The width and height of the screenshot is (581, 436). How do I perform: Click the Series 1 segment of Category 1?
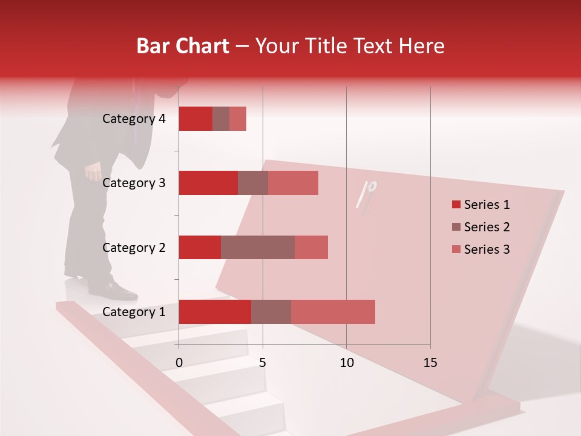click(x=214, y=312)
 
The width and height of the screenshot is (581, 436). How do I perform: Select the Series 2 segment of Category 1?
click(x=271, y=312)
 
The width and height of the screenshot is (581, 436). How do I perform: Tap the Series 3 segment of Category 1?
click(x=333, y=312)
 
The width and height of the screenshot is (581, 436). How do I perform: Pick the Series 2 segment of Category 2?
click(x=257, y=247)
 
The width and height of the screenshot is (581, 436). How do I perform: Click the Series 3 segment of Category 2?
click(x=311, y=247)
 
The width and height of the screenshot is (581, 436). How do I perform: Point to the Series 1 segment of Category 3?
click(x=208, y=183)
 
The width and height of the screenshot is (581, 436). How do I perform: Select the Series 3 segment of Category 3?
click(x=293, y=183)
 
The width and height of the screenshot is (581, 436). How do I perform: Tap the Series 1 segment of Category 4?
click(x=195, y=119)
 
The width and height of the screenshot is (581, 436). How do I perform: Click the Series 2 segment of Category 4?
click(x=220, y=119)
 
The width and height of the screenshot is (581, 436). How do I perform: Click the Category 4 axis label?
click(x=134, y=119)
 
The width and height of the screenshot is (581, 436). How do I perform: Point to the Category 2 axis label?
click(x=134, y=247)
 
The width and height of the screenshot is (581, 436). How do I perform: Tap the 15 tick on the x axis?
click(x=430, y=363)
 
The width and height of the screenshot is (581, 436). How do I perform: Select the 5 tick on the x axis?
click(x=263, y=363)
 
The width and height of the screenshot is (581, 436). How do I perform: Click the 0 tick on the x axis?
click(x=179, y=363)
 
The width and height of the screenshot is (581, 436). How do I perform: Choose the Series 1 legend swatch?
click(x=456, y=205)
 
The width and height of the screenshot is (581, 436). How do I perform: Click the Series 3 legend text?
click(x=487, y=249)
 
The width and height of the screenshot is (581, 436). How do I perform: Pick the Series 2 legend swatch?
click(x=456, y=227)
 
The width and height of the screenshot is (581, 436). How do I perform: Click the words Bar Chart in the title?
click(x=183, y=46)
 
